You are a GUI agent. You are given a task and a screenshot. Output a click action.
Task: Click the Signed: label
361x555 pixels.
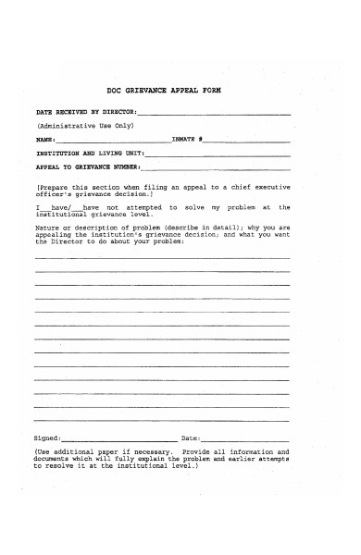point(47,438)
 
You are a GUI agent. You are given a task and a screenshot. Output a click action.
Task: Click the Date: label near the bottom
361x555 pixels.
point(191,438)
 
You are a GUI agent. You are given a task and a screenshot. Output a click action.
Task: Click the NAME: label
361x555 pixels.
point(45,138)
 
